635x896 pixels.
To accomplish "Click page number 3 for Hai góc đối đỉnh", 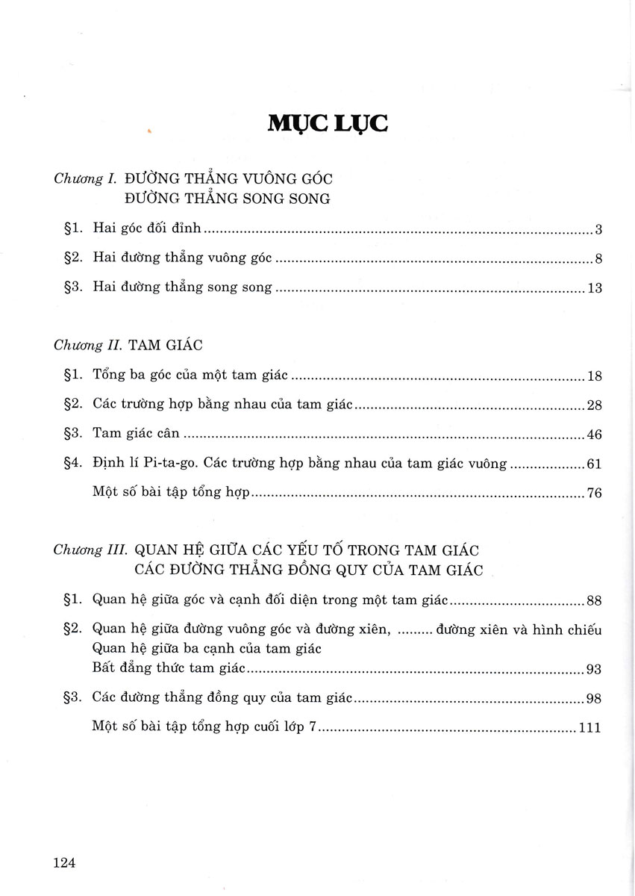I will pyautogui.click(x=598, y=229).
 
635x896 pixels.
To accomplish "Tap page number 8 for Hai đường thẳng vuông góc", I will pyautogui.click(x=598, y=259).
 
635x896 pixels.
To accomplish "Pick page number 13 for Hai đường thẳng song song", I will pyautogui.click(x=595, y=288).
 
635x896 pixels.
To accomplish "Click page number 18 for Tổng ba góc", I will pyautogui.click(x=595, y=376).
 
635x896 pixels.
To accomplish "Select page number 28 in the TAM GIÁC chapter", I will pyautogui.click(x=595, y=405).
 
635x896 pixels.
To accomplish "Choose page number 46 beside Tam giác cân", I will pyautogui.click(x=595, y=435).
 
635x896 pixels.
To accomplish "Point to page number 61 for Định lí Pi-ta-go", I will pyautogui.click(x=595, y=464).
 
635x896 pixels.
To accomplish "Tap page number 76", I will pyautogui.click(x=595, y=494).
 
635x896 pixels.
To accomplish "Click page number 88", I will pyautogui.click(x=595, y=600).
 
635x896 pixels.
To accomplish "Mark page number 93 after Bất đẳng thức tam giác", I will pyautogui.click(x=595, y=669).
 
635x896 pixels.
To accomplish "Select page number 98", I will pyautogui.click(x=595, y=699).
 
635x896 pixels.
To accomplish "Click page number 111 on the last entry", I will pyautogui.click(x=589, y=728).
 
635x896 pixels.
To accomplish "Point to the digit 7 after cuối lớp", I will pyautogui.click(x=313, y=727).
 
